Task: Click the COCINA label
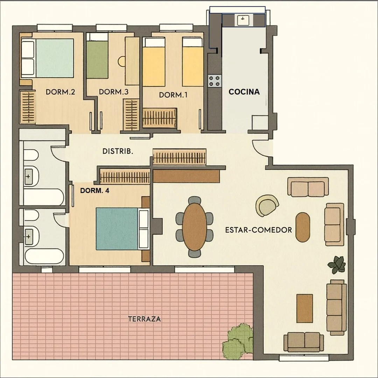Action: (x=244, y=92)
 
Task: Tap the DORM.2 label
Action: (x=60, y=92)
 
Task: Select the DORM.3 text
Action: (x=113, y=92)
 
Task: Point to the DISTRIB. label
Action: (x=118, y=152)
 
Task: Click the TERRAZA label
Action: (x=145, y=319)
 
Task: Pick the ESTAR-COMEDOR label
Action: (x=258, y=230)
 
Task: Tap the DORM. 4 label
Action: (x=94, y=191)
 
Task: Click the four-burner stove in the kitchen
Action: (x=215, y=81)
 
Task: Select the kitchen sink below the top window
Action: (x=243, y=20)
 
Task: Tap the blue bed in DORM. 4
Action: (x=122, y=229)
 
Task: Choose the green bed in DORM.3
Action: (x=97, y=59)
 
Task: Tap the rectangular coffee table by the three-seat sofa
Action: (x=304, y=308)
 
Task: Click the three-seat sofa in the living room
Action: (x=336, y=308)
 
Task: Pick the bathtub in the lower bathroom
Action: (x=44, y=257)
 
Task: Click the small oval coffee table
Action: (x=303, y=227)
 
